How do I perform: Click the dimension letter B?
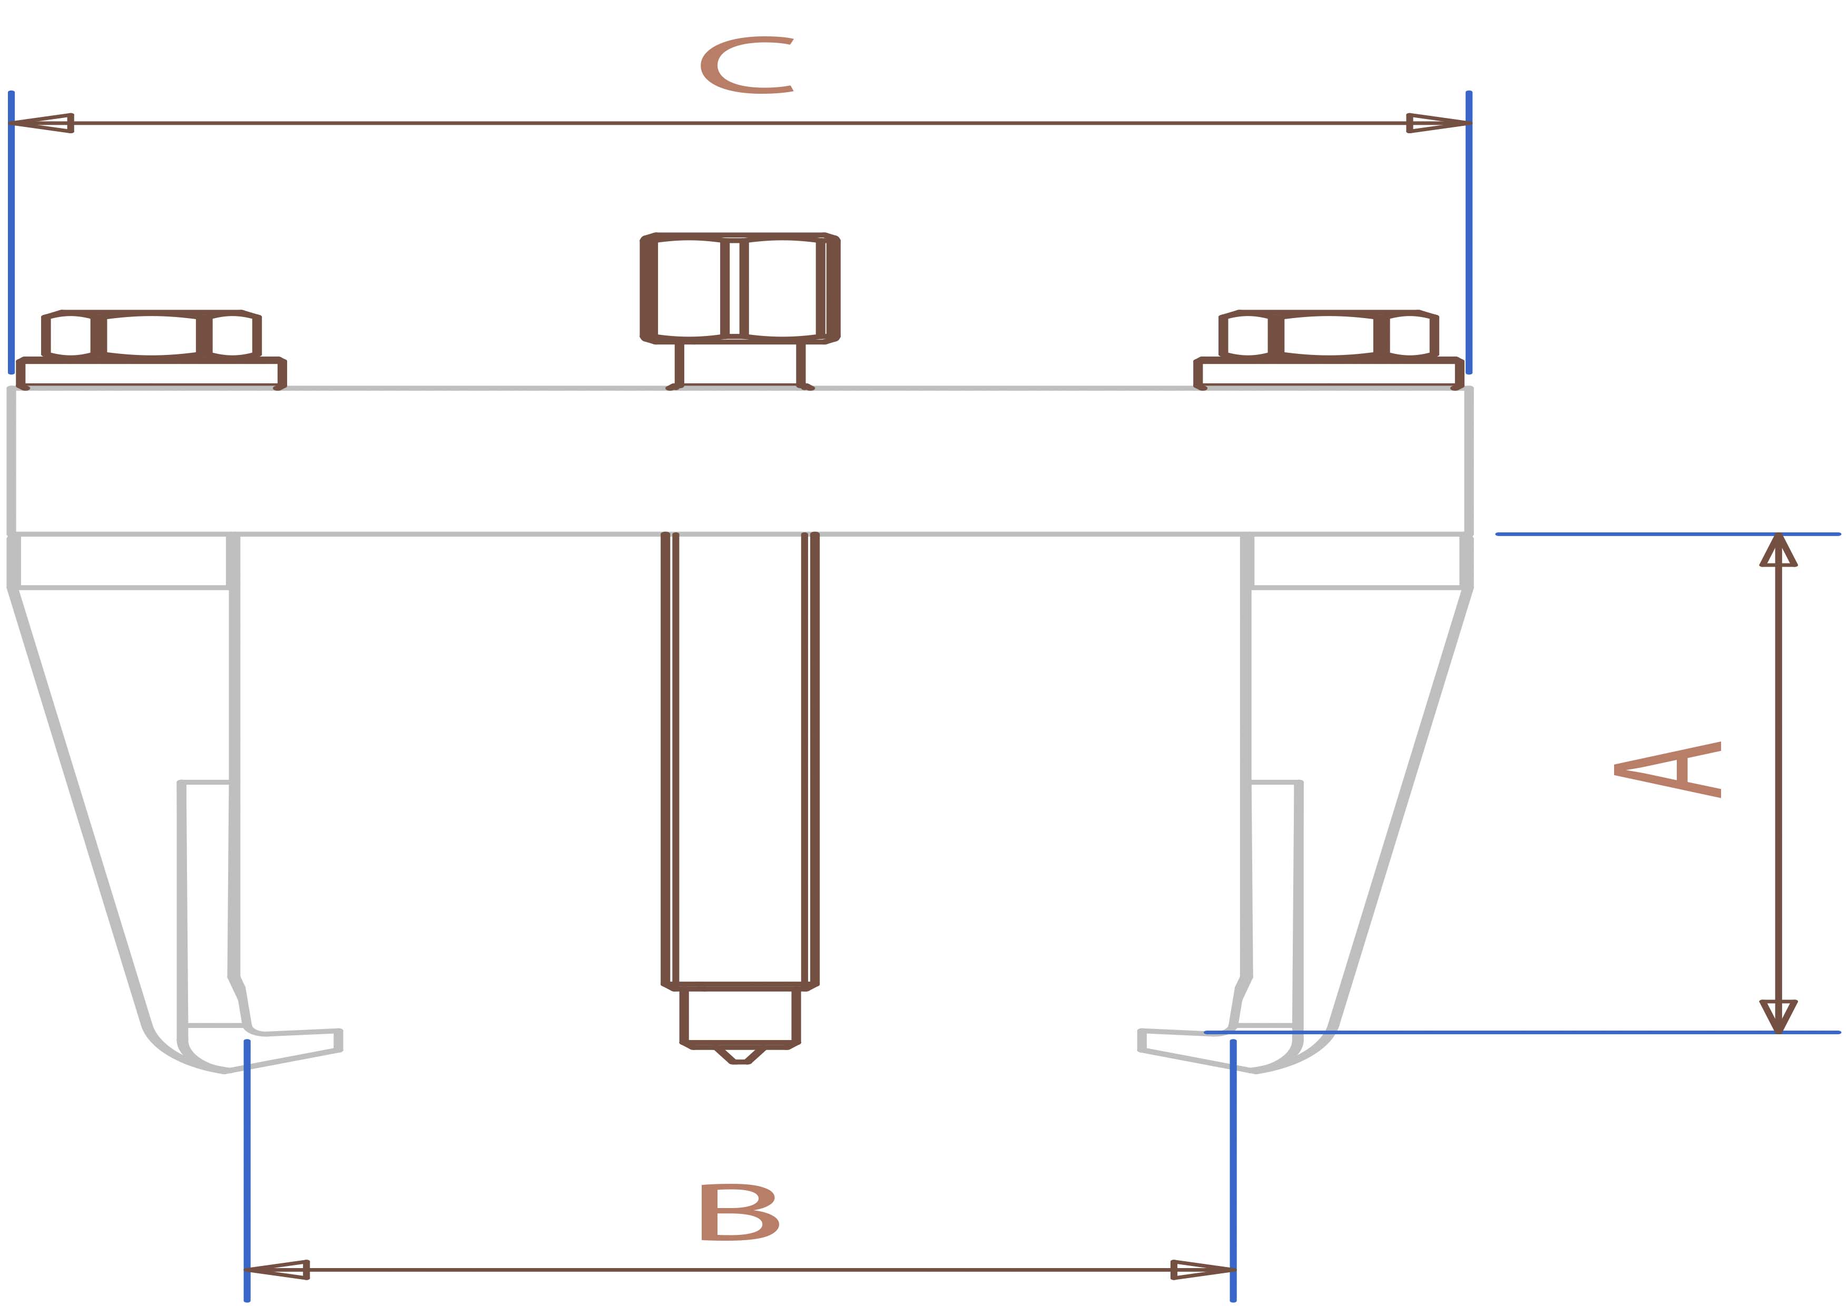tap(739, 1211)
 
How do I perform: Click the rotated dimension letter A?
tap(1668, 769)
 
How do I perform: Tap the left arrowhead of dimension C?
tap(40, 123)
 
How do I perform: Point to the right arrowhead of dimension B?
tap(1202, 1270)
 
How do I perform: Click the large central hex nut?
tap(740, 288)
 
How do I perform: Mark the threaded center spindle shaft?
tap(740, 756)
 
